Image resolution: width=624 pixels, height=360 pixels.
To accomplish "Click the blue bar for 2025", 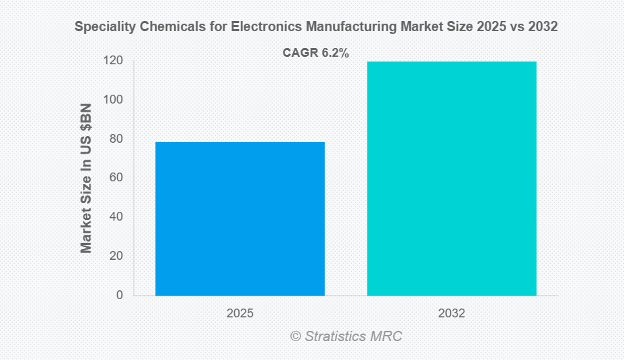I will (x=240, y=219).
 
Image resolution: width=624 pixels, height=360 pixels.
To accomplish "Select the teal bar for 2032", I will (x=451, y=179).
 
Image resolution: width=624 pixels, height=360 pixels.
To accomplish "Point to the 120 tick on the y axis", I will (x=114, y=61).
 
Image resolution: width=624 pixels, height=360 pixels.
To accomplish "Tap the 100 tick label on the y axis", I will (x=114, y=100).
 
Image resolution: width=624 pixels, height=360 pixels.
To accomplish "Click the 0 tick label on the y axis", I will (x=120, y=295).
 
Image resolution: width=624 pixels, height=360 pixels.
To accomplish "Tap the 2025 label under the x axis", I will (x=240, y=314).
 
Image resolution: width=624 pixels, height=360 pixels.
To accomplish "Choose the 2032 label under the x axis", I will (x=451, y=314).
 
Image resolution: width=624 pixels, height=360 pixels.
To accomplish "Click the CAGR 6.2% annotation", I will (x=315, y=53).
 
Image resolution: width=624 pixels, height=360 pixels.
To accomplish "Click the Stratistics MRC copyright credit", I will (x=346, y=336).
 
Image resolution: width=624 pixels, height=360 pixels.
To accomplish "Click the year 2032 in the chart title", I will (x=543, y=28).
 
